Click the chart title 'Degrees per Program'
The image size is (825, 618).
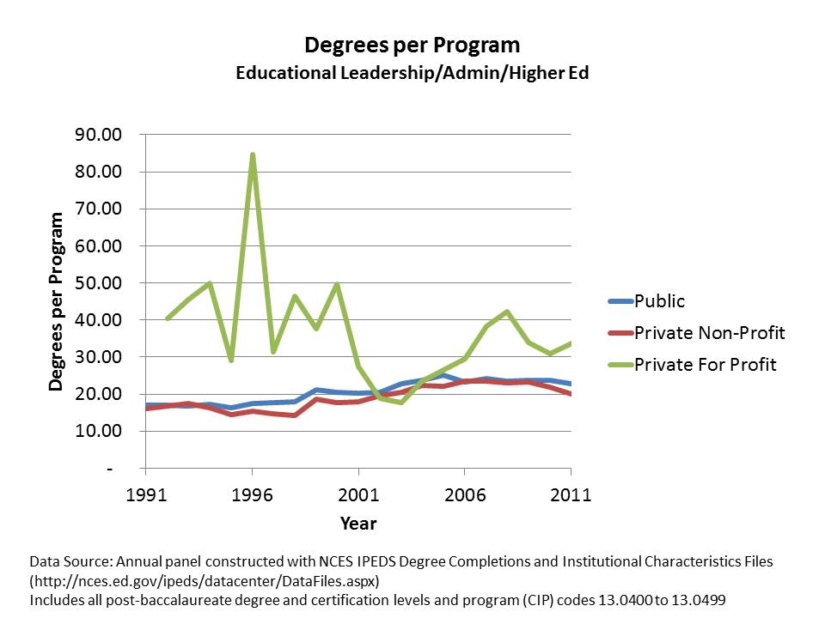coord(412,45)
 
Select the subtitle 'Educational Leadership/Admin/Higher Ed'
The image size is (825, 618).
coord(412,73)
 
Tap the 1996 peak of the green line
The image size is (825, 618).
coord(252,154)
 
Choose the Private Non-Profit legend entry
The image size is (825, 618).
coord(709,332)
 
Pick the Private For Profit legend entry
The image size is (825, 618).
coord(705,365)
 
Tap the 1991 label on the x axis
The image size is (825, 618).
coord(145,495)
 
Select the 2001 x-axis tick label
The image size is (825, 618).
coord(358,495)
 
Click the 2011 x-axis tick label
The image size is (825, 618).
coord(571,495)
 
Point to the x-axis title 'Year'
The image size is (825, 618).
coord(357,523)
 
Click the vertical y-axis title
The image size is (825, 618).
coord(57,301)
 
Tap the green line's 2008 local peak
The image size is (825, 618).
coord(507,312)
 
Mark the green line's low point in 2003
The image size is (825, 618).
coord(400,402)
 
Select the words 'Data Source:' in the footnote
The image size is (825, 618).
coord(68,561)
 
